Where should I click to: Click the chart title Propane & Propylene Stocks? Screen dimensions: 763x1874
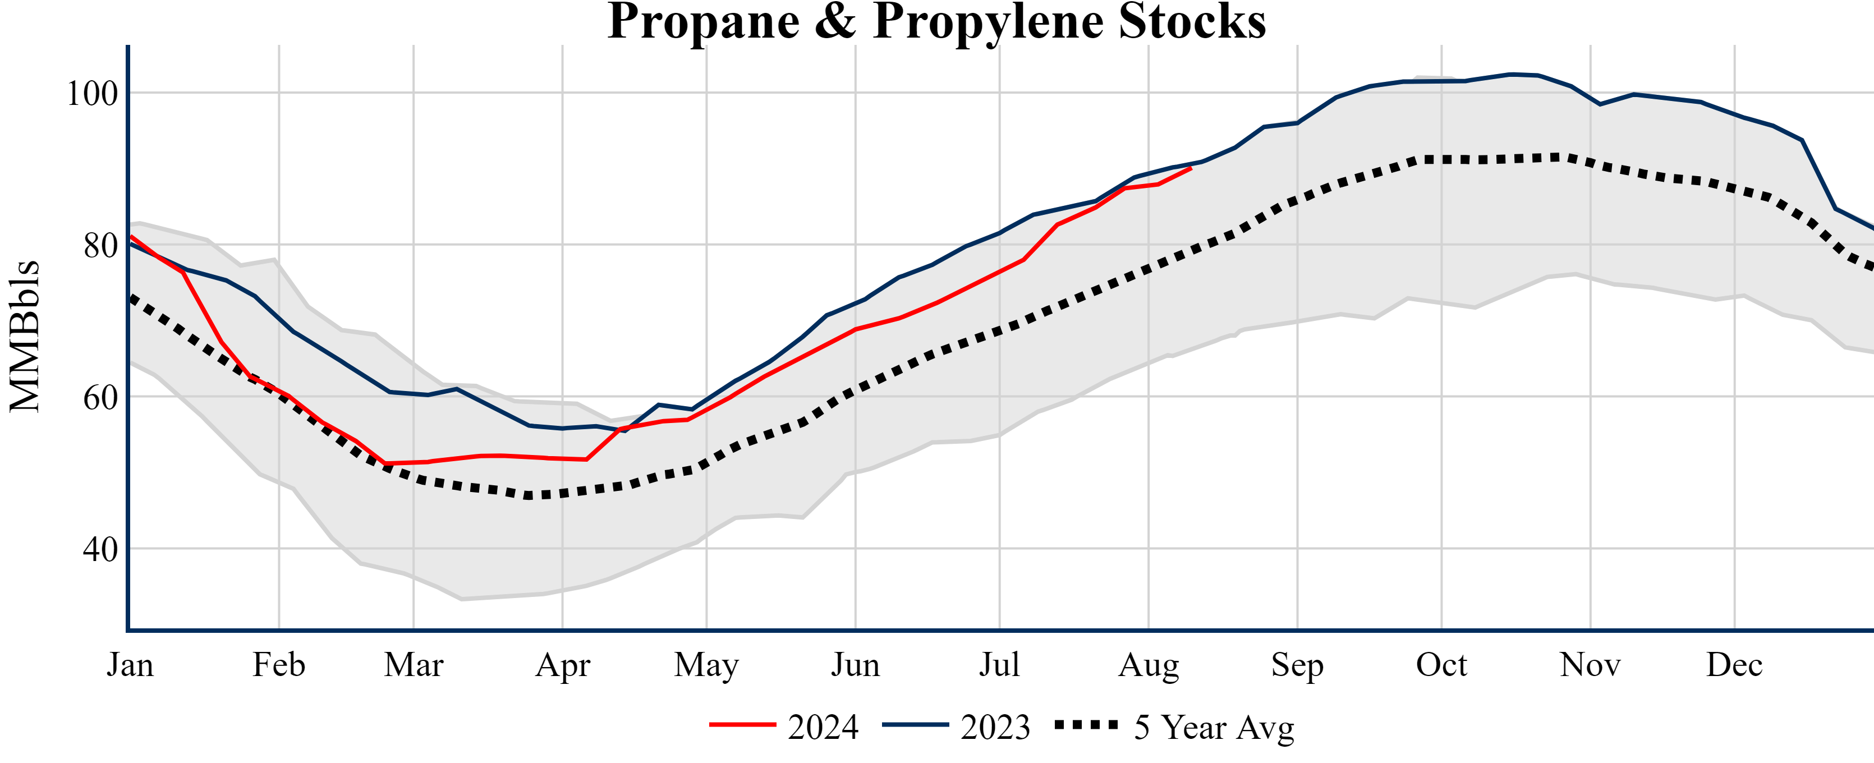pos(936,22)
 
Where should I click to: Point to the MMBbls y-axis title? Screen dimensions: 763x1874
pos(24,336)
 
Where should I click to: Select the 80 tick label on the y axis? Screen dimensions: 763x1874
pos(100,246)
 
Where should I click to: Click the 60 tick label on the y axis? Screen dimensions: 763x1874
pos(100,398)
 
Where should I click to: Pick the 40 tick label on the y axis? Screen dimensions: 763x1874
pos(100,550)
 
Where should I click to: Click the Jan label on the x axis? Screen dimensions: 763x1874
pos(130,665)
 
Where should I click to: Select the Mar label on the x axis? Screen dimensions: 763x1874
pos(414,665)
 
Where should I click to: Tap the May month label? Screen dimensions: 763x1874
pos(706,665)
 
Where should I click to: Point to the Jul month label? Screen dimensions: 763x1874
pos(1000,665)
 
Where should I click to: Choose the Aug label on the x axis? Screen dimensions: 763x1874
pos(1149,665)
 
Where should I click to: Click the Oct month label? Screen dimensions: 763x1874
pos(1441,665)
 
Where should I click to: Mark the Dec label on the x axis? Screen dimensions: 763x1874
pos(1734,665)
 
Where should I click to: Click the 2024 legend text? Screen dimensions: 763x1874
pos(823,727)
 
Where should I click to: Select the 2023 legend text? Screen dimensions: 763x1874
pos(995,727)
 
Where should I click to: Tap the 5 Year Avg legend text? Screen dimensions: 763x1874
pos(1214,727)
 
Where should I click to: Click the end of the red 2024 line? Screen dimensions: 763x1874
pos(1190,168)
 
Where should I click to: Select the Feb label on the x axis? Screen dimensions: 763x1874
pos(279,665)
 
